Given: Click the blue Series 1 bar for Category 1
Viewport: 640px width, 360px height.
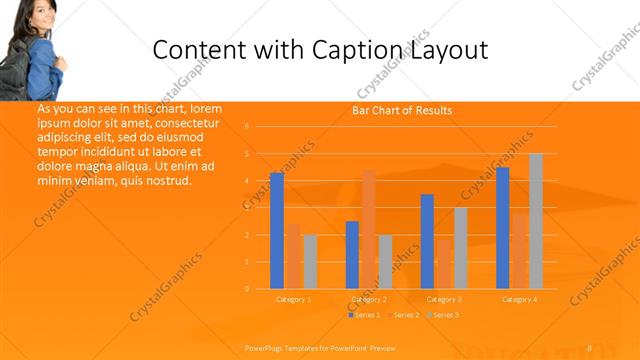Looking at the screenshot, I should pyautogui.click(x=277, y=231).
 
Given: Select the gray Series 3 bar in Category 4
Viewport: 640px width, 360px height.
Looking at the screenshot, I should pyautogui.click(x=536, y=221).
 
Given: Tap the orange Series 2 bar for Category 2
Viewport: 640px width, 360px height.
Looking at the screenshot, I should pyautogui.click(x=369, y=230).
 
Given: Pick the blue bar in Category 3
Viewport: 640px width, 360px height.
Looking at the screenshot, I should pyautogui.click(x=427, y=241).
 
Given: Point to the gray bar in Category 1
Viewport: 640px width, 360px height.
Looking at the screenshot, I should pyautogui.click(x=310, y=261).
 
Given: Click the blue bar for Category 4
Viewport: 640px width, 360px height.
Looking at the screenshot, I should pyautogui.click(x=502, y=228).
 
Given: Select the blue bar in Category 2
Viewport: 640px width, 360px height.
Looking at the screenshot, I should pyautogui.click(x=352, y=255).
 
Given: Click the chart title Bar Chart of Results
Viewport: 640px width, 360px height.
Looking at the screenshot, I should pyautogui.click(x=402, y=110).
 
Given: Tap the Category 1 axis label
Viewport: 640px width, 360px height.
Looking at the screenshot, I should pyautogui.click(x=294, y=299).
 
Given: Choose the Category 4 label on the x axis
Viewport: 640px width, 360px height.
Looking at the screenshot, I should pyautogui.click(x=519, y=299).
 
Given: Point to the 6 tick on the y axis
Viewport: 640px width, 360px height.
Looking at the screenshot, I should pyautogui.click(x=246, y=127).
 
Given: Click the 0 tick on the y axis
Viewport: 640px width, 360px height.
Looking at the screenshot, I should pyautogui.click(x=246, y=289).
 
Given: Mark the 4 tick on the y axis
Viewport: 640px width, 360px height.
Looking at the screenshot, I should pyautogui.click(x=246, y=181).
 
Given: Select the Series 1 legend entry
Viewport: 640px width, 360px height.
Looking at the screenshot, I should pyautogui.click(x=364, y=315).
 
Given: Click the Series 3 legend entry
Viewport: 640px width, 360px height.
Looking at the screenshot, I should pyautogui.click(x=441, y=315).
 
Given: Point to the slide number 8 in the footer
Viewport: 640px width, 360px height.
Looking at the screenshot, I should pyautogui.click(x=590, y=347).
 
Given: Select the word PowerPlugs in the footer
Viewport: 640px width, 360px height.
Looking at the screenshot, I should pyautogui.click(x=263, y=347).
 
